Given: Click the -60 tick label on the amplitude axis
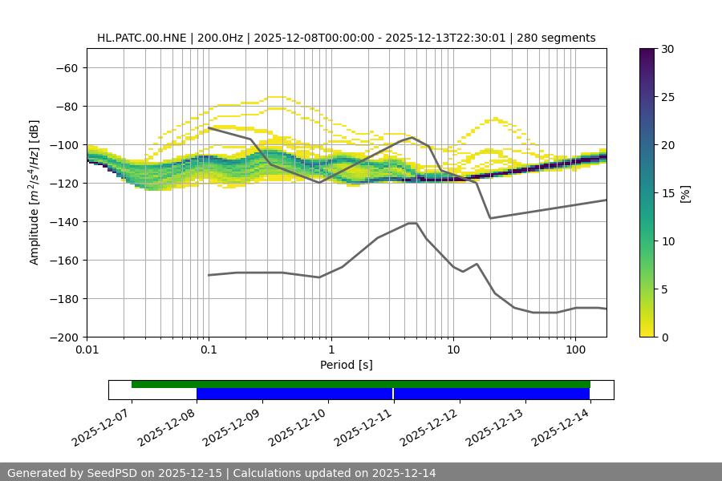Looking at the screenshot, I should [67, 68].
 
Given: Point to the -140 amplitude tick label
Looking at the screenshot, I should [63, 222].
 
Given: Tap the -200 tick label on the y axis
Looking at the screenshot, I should [63, 338].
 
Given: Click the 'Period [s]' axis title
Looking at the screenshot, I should [347, 365].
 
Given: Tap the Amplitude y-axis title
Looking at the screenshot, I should [34, 192].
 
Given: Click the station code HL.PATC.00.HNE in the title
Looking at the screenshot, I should [141, 38].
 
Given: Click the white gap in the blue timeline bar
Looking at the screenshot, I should [393, 394].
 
